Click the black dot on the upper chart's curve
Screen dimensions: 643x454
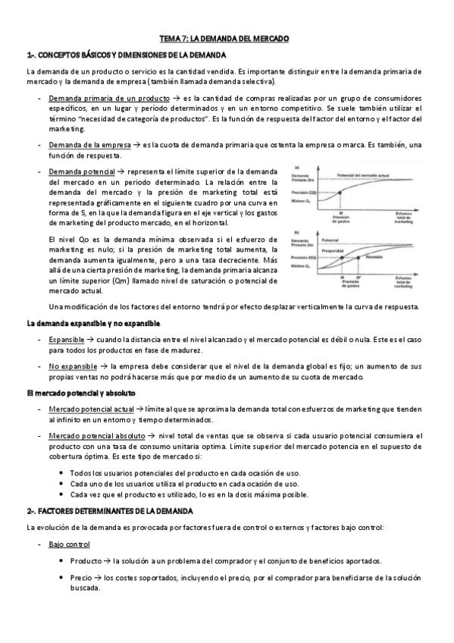coord(337,194)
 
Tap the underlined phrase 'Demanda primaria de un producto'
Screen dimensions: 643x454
coord(108,99)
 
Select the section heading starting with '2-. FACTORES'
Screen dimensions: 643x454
coord(110,511)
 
